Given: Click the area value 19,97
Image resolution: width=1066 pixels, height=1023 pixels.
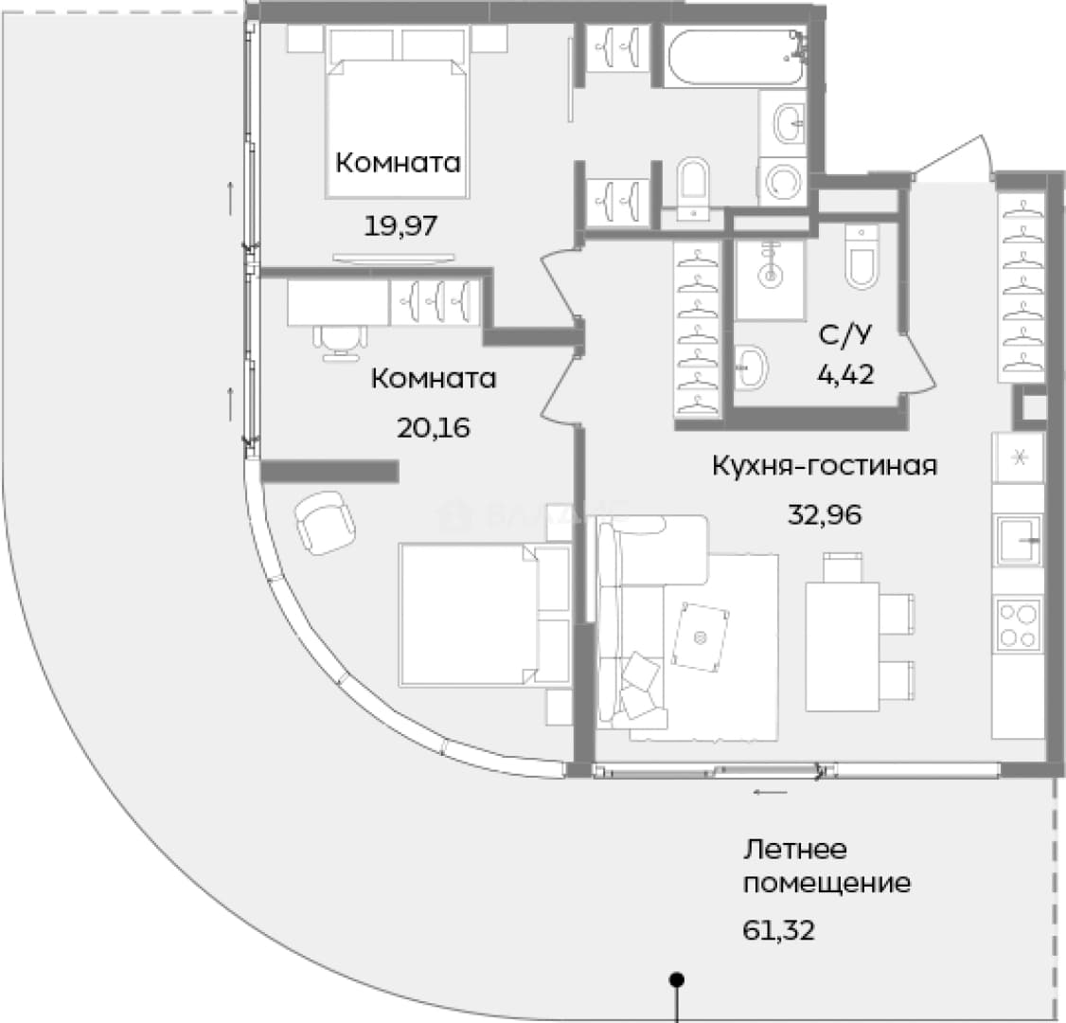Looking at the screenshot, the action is pyautogui.click(x=400, y=225).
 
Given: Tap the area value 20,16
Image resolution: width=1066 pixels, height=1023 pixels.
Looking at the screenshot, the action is pyautogui.click(x=433, y=428).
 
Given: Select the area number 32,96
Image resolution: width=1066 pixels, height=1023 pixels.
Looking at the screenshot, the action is pyautogui.click(x=825, y=514).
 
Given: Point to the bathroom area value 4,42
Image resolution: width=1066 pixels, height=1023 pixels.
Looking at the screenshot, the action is pyautogui.click(x=845, y=374).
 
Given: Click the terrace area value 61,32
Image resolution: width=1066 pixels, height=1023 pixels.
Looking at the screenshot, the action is pyautogui.click(x=778, y=930).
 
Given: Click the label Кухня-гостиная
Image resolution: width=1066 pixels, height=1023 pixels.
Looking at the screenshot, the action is pyautogui.click(x=825, y=466).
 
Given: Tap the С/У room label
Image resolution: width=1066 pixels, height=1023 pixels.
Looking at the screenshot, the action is pyautogui.click(x=845, y=334).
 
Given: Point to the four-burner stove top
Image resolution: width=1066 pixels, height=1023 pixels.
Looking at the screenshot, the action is pyautogui.click(x=1018, y=623).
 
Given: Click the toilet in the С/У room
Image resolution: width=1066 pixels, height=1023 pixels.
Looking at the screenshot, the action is pyautogui.click(x=862, y=258).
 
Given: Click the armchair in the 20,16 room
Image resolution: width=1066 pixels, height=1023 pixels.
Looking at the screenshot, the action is pyautogui.click(x=325, y=522).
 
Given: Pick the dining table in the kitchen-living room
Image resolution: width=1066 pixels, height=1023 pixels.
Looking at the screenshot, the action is pyautogui.click(x=841, y=646).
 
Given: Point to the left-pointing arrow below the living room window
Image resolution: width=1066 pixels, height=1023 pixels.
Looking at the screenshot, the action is pyautogui.click(x=771, y=792).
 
